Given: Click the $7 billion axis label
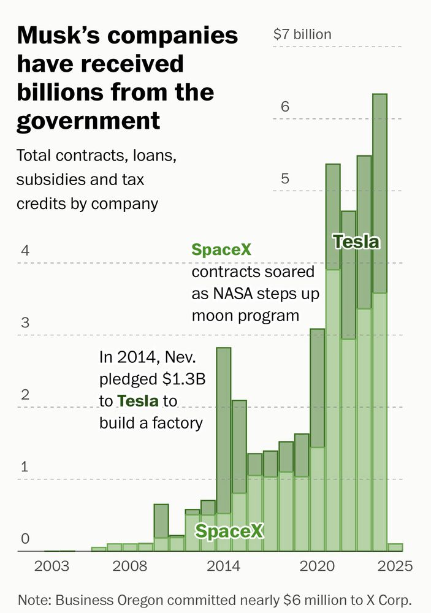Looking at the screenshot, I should [302, 34].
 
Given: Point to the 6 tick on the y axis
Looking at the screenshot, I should [284, 107].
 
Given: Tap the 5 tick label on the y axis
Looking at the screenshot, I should [284, 179].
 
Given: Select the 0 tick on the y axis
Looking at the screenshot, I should [25, 539].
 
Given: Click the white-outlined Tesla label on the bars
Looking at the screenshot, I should [356, 242].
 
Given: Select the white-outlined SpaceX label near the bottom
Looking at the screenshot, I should [229, 531].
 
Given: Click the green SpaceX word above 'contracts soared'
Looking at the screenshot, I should [221, 250].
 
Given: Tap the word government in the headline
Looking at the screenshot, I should [88, 120].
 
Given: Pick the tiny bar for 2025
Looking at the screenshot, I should [395, 547].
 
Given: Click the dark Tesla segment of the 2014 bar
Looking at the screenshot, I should [223, 429].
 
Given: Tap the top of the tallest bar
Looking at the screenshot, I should [380, 95].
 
